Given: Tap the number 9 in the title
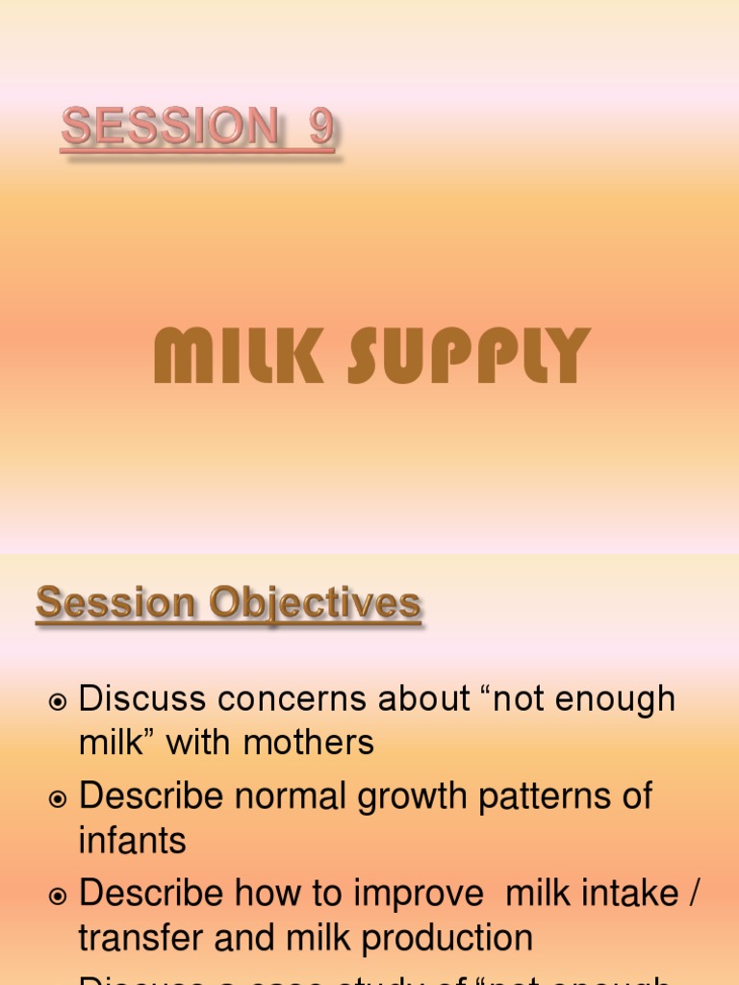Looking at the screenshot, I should point(320,129).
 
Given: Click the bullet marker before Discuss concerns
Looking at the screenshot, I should point(58,703).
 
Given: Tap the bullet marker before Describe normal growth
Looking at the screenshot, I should point(58,799).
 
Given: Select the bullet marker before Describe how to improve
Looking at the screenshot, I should point(58,897).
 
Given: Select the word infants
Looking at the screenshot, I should point(132,840).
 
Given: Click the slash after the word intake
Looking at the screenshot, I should point(692,893).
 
